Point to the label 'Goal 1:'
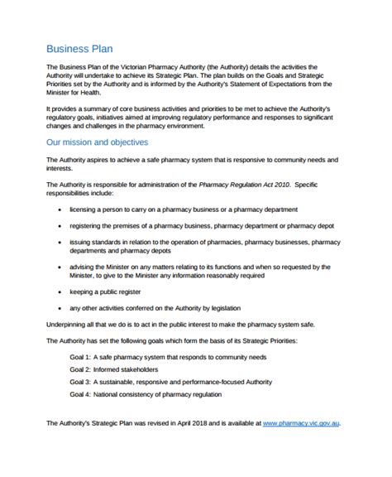coord(81,357)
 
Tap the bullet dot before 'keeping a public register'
coord(60,292)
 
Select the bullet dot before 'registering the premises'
coord(60,225)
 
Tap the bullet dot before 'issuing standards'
coord(60,241)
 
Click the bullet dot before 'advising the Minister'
coord(60,267)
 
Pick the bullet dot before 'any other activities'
coord(60,307)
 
